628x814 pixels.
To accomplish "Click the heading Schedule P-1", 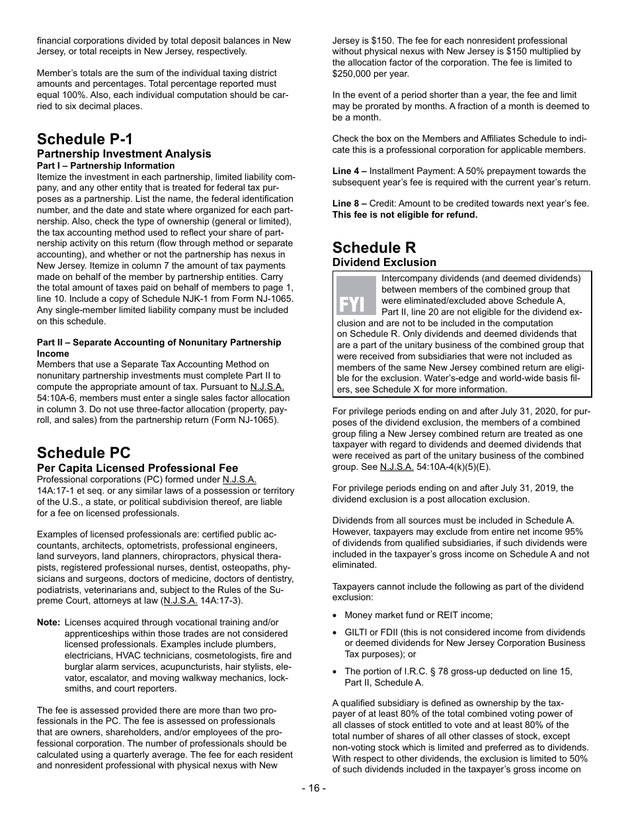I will coord(85,139).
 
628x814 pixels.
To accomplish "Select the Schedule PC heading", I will coord(84,453).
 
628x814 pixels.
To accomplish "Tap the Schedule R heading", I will coord(374,248).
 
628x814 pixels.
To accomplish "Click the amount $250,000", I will coord(354,73).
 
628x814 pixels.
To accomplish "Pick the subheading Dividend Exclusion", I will coord(384,263).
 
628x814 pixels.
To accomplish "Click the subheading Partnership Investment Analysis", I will coord(124,154).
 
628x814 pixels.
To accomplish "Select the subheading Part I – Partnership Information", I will coord(106,165).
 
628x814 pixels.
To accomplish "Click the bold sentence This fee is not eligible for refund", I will coord(405,214).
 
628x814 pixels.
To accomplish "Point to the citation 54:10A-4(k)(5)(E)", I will coord(454,467).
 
